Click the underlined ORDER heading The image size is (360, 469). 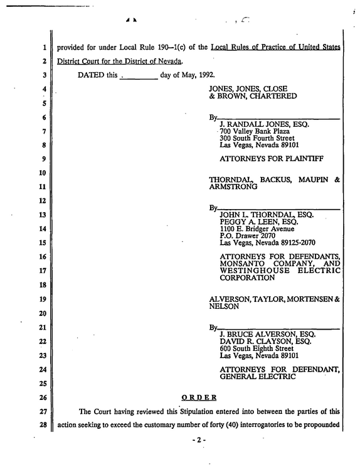199,397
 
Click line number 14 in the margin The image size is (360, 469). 43,229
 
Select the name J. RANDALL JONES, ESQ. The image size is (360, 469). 265,124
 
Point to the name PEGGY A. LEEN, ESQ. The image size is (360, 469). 259,222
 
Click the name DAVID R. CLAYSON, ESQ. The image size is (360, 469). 265,342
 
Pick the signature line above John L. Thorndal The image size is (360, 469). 278,209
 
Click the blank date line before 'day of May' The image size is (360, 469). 139,79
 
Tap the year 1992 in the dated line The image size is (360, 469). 206,75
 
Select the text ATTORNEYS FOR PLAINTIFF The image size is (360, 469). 272,158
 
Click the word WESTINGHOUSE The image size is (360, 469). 255,271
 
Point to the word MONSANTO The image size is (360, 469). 242,264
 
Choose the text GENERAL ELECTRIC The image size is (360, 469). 258,377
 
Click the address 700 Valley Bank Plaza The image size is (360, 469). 255,131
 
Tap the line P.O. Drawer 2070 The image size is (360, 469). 247,235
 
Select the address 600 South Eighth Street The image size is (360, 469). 257,348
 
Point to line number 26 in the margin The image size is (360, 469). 43,397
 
